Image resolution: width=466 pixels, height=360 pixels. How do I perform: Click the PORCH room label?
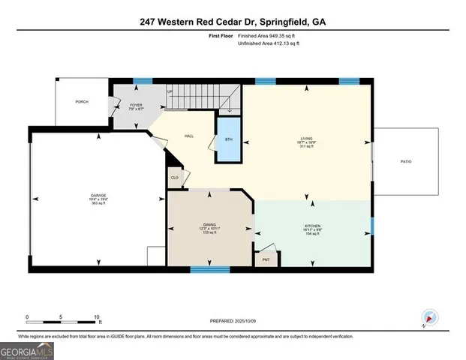tap(82, 101)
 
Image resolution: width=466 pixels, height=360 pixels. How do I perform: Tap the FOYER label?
tap(137, 105)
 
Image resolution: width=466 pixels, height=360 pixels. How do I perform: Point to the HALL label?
tap(190, 136)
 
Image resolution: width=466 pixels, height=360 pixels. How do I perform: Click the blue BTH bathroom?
tap(229, 139)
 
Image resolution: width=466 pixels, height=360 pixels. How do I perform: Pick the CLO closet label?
tap(174, 178)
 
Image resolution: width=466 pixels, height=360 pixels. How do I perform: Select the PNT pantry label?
tap(266, 259)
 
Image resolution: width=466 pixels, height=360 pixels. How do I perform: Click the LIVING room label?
tap(306, 138)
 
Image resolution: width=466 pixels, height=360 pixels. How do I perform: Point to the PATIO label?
tap(406, 161)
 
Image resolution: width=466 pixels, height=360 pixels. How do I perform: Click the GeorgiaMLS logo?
tap(26, 349)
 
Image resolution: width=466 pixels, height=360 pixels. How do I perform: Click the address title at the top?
tap(233, 22)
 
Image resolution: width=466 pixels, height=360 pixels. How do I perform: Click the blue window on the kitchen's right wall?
tap(372, 225)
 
